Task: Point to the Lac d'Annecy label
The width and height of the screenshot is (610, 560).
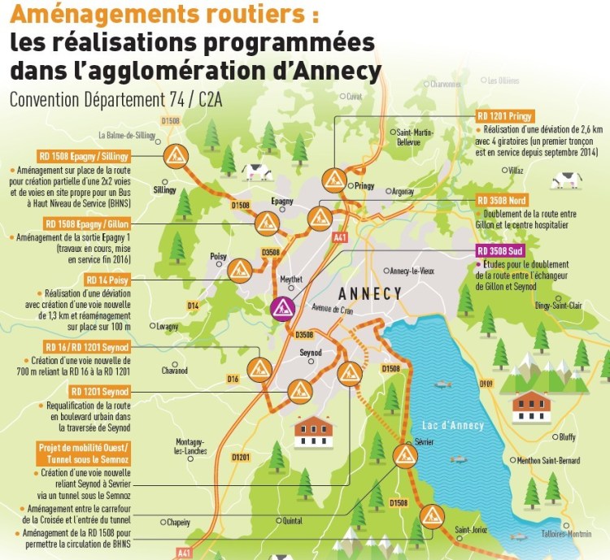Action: click(452, 425)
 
